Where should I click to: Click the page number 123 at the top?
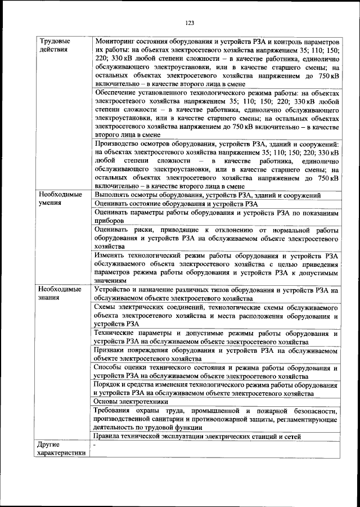click(x=189, y=23)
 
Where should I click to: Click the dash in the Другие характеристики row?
click(x=96, y=445)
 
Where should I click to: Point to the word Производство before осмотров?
click(x=119, y=144)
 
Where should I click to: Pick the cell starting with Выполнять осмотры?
click(x=208, y=195)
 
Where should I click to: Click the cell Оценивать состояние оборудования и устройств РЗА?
click(x=176, y=204)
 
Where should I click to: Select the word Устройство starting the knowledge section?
click(x=115, y=290)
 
